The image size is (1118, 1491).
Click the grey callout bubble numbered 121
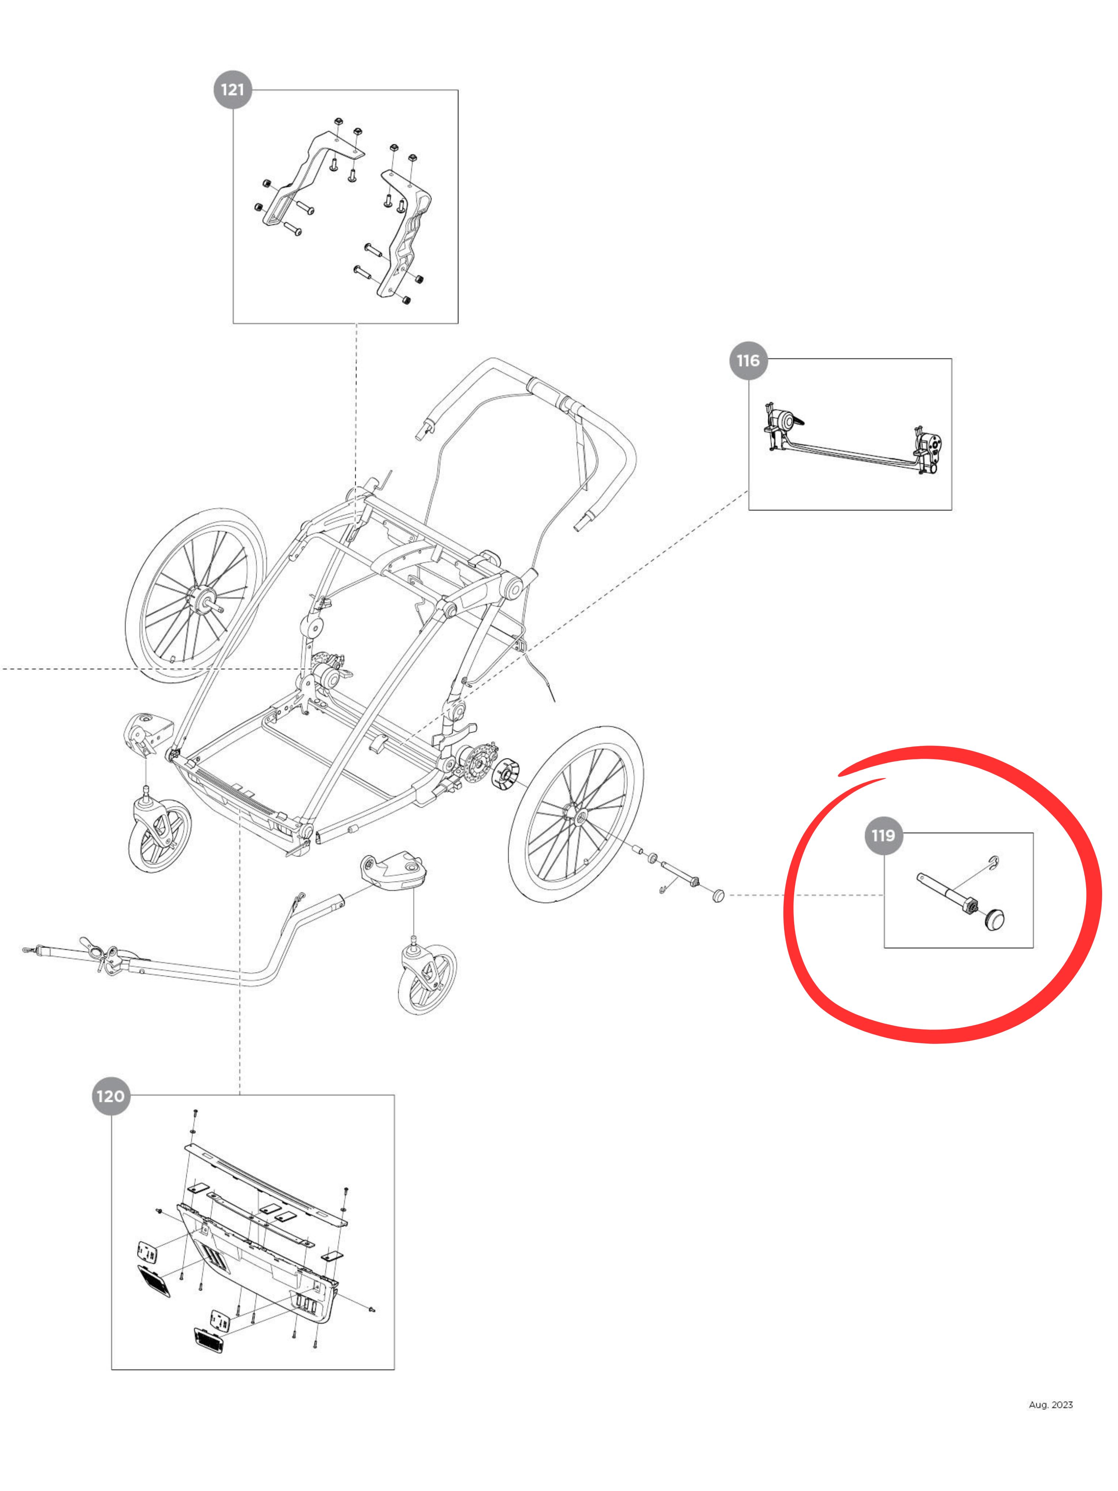click(x=233, y=89)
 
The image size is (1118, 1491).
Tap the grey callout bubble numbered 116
click(x=748, y=361)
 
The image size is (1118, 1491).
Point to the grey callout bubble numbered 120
click(x=111, y=1096)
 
